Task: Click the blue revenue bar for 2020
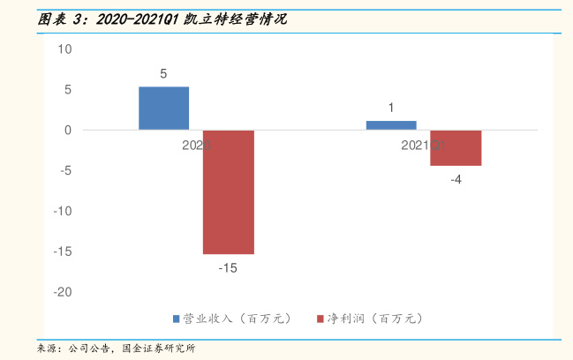tap(163, 108)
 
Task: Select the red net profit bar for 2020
tap(229, 191)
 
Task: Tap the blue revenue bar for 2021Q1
tap(391, 125)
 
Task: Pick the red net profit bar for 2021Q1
tap(456, 147)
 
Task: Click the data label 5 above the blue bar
tap(163, 74)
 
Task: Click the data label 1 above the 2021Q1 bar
tap(391, 109)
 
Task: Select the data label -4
tap(456, 179)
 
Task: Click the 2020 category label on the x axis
tap(195, 146)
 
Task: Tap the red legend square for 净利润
tap(320, 319)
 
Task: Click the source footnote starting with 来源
tap(115, 349)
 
